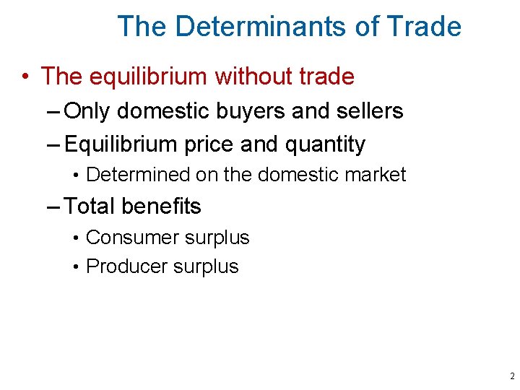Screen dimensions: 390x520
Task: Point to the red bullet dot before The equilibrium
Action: (x=25, y=76)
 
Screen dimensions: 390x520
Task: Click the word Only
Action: (x=87, y=111)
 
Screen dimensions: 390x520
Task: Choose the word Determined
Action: (x=136, y=175)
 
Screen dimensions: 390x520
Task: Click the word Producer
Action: (x=126, y=266)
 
